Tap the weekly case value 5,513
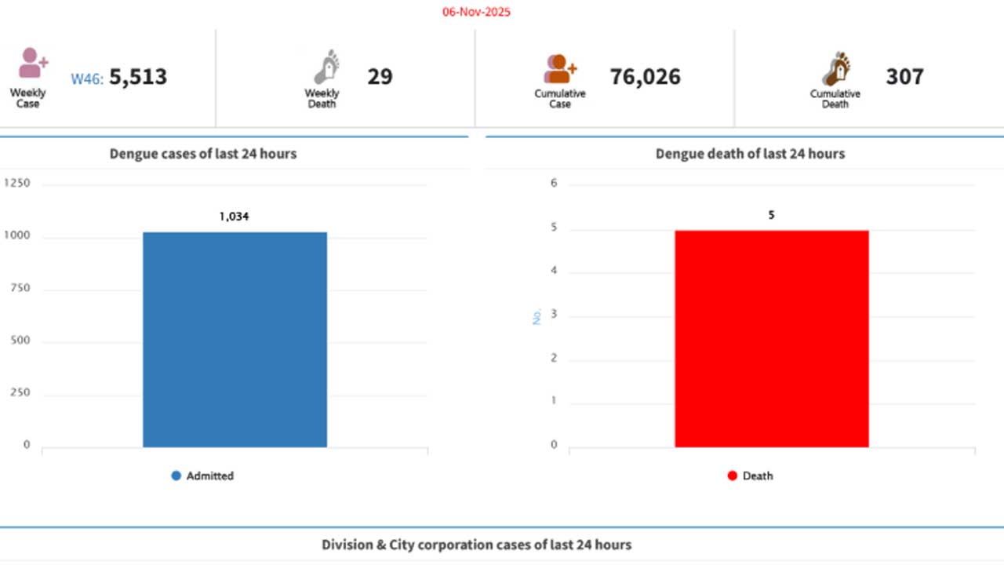tap(138, 77)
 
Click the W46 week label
tap(86, 78)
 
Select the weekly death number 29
tap(380, 77)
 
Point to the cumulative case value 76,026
tap(645, 77)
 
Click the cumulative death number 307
tap(904, 77)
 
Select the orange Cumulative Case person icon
tap(559, 69)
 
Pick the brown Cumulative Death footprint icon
tap(836, 69)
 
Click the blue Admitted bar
tap(235, 339)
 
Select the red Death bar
tap(771, 338)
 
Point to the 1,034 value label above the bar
tap(234, 217)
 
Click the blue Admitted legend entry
tap(202, 476)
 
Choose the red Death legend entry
tap(750, 476)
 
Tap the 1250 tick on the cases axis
tap(17, 184)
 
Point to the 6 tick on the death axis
tap(554, 184)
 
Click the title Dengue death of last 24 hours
tap(750, 154)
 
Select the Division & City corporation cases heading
tap(476, 545)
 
